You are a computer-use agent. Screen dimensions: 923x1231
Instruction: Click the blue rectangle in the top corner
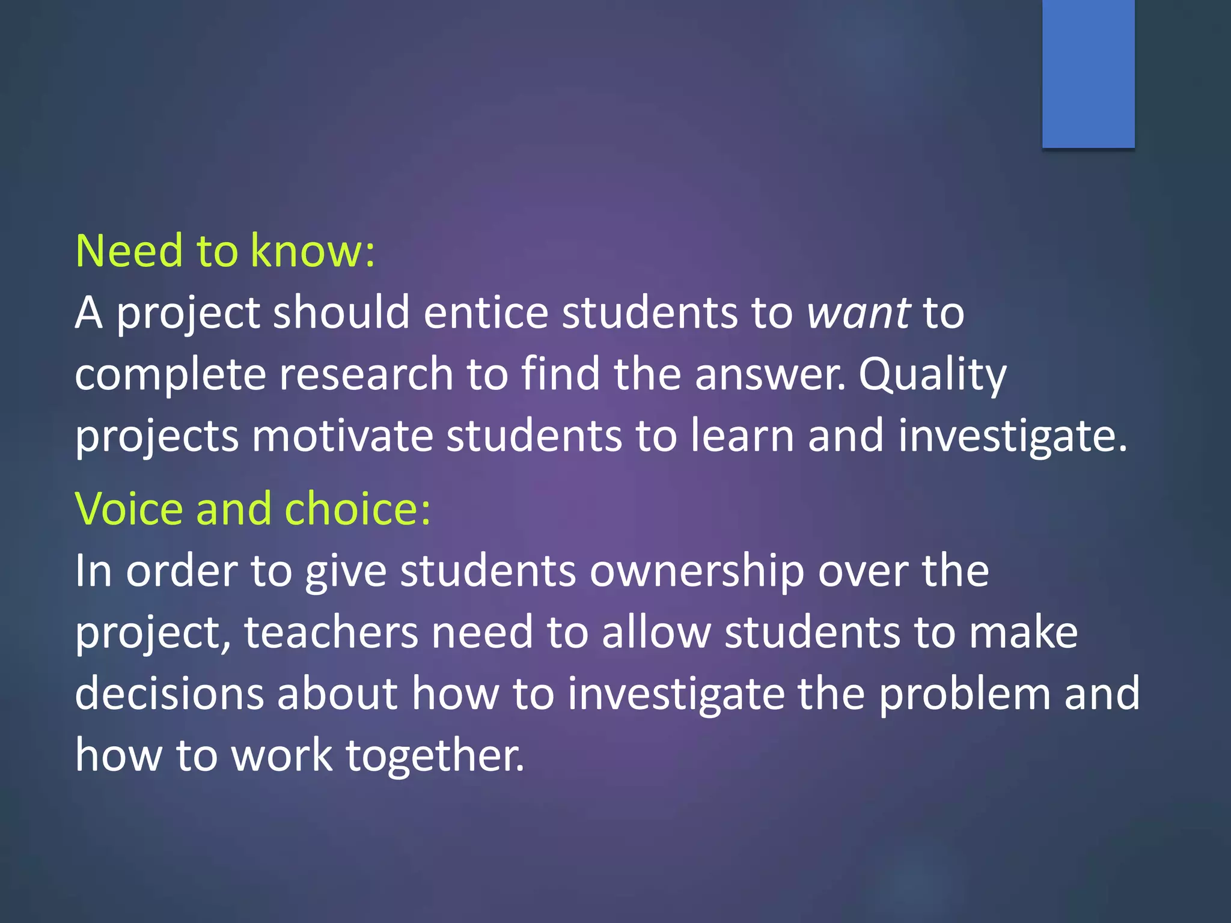(x=1088, y=73)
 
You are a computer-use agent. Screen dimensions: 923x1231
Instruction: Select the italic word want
(x=859, y=313)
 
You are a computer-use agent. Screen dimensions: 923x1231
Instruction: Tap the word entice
(x=486, y=313)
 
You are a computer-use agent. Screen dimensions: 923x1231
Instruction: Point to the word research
(x=366, y=374)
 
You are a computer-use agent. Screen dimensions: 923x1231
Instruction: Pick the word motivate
(x=342, y=436)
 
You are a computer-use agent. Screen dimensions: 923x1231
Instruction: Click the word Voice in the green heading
(x=129, y=509)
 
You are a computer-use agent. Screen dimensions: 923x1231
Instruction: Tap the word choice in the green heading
(x=357, y=509)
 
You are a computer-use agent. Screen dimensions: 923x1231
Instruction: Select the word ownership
(x=697, y=571)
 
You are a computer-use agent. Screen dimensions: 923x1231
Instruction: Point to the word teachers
(x=331, y=633)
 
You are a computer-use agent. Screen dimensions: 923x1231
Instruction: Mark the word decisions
(x=170, y=694)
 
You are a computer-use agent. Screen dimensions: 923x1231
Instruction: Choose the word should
(x=341, y=313)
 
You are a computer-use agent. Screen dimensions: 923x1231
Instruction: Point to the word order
(x=181, y=571)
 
